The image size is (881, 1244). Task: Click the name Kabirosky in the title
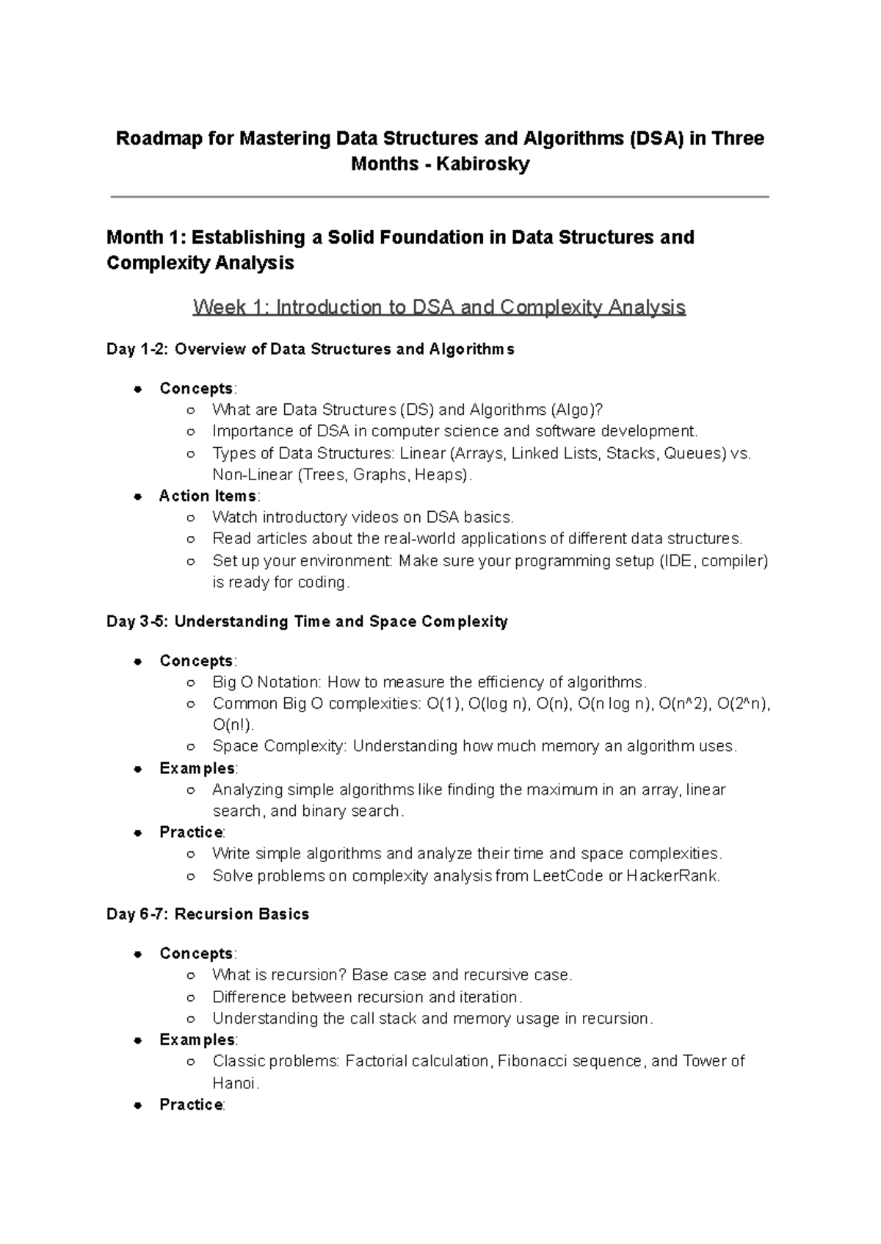click(482, 164)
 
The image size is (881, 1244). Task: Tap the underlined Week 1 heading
click(439, 307)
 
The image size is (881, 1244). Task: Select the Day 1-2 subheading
click(310, 350)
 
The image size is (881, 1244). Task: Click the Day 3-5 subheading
click(307, 622)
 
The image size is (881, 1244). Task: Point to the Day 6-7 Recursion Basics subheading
click(208, 914)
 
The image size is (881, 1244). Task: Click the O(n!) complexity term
click(233, 726)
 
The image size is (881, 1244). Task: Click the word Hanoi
click(234, 1083)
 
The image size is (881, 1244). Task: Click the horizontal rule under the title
click(439, 197)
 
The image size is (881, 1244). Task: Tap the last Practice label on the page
click(191, 1105)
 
